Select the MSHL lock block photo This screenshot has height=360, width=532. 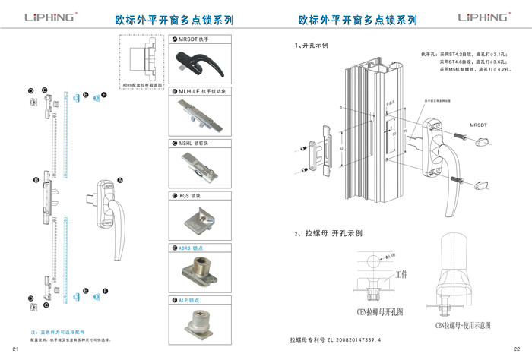[x=197, y=167]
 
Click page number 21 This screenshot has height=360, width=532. [x=15, y=349]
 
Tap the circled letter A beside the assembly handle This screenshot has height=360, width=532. [x=119, y=181]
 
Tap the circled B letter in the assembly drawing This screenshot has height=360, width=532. [x=35, y=181]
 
